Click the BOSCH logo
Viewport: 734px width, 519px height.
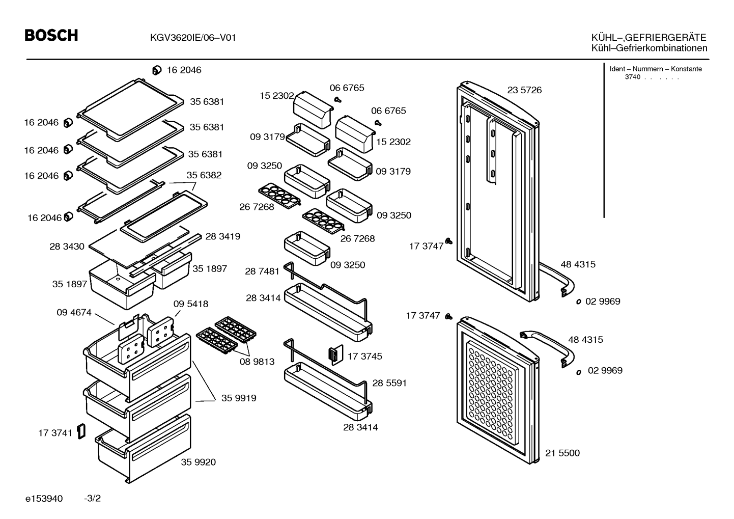pyautogui.click(x=51, y=36)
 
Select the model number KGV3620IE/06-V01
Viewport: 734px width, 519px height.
pyautogui.click(x=193, y=38)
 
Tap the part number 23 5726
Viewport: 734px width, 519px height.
pyautogui.click(x=524, y=90)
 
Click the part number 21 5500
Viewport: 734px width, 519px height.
pyautogui.click(x=562, y=453)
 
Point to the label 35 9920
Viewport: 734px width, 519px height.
pyautogui.click(x=198, y=462)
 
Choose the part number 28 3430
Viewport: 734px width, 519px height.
pyautogui.click(x=67, y=246)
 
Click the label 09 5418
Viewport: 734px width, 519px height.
pyautogui.click(x=191, y=304)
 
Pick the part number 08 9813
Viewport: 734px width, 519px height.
pyautogui.click(x=257, y=361)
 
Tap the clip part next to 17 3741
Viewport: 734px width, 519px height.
pyautogui.click(x=81, y=431)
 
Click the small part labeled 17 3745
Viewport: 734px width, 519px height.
pyautogui.click(x=335, y=354)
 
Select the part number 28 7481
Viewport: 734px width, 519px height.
pyautogui.click(x=262, y=271)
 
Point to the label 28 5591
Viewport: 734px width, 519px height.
pyautogui.click(x=389, y=383)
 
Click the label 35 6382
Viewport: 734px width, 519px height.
pyautogui.click(x=204, y=175)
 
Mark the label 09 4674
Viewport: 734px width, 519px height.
pyautogui.click(x=74, y=312)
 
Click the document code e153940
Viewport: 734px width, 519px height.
pyautogui.click(x=44, y=498)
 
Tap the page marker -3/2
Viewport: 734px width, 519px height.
pyautogui.click(x=93, y=498)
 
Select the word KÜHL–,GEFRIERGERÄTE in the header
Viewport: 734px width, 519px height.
pyautogui.click(x=648, y=37)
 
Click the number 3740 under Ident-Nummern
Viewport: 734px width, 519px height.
pyautogui.click(x=632, y=77)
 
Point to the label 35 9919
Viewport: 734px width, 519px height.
pyautogui.click(x=239, y=398)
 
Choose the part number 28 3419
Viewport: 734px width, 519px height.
pyautogui.click(x=223, y=236)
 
